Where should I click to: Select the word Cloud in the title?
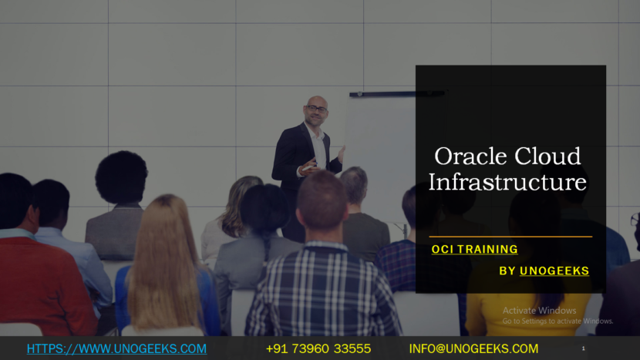click(547, 156)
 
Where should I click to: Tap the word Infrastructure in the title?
click(507, 182)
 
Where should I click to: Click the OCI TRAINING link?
click(475, 249)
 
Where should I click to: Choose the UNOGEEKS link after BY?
click(554, 271)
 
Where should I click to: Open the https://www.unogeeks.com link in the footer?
click(116, 348)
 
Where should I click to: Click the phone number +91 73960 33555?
click(318, 348)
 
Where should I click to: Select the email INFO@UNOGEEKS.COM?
click(473, 348)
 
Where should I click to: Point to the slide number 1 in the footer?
click(583, 348)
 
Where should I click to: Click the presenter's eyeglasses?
click(316, 109)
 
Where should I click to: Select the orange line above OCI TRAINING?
click(510, 237)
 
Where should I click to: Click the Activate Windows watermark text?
click(539, 311)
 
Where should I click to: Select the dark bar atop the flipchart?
click(397, 94)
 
